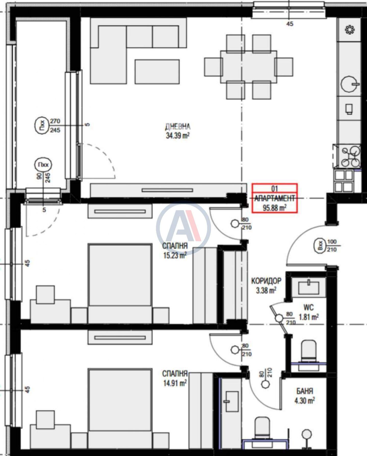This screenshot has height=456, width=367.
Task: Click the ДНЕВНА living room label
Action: coord(178,126)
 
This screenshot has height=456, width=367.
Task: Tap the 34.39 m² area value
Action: coord(178,135)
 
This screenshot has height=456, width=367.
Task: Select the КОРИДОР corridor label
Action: coord(266,281)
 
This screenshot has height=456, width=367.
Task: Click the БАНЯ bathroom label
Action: coord(305,391)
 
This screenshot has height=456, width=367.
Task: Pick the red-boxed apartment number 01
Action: coord(274,189)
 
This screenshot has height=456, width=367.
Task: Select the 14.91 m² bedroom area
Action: coord(174,383)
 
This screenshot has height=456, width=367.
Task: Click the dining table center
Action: coord(248,67)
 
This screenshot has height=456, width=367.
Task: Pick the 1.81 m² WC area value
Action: coord(308,317)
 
